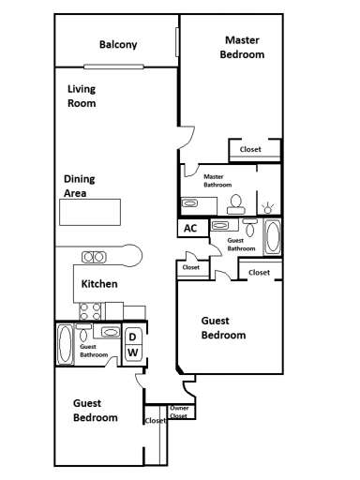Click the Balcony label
(119, 44)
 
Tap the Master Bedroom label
(242, 47)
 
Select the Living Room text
(82, 97)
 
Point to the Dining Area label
(80, 186)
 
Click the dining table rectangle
(92, 213)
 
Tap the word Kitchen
(99, 283)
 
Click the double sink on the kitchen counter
(94, 256)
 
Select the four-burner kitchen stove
(90, 310)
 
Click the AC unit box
(190, 228)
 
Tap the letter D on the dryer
(133, 337)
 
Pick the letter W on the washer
(133, 352)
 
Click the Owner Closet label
(178, 412)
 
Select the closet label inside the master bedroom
(250, 149)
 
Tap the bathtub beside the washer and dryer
(65, 344)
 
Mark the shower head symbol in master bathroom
(270, 203)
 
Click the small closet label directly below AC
(190, 267)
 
